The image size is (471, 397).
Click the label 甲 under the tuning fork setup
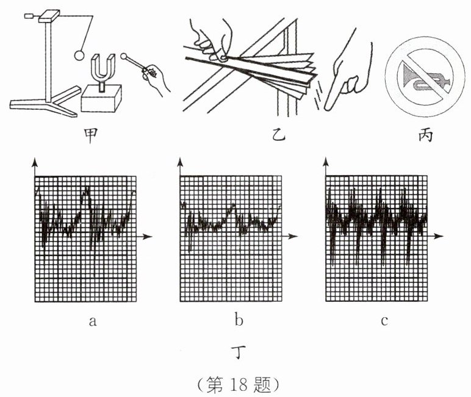[x=90, y=135]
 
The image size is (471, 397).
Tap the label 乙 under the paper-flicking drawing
[x=278, y=135]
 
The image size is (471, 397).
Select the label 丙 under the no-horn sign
[x=426, y=135]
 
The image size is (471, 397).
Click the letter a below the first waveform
[x=93, y=321]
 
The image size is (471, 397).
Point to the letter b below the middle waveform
[x=239, y=320]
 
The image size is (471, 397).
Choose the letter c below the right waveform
[x=384, y=321]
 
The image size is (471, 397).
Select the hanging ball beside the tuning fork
[x=79, y=55]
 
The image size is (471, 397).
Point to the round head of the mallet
[x=123, y=56]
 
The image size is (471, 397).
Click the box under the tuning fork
[x=101, y=99]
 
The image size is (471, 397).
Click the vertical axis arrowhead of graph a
[x=35, y=162]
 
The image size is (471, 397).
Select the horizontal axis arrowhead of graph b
[x=292, y=237]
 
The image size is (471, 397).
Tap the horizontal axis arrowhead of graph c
[x=438, y=236]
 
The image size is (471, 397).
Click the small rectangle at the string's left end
[x=29, y=15]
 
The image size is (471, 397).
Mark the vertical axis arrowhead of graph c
[x=326, y=162]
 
